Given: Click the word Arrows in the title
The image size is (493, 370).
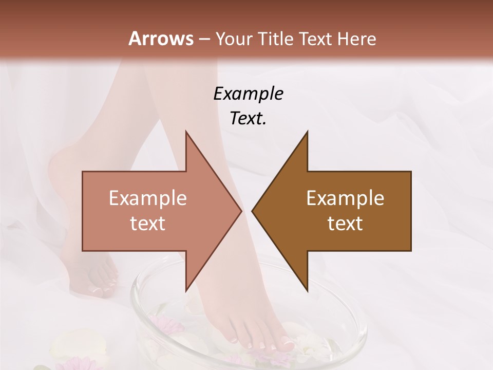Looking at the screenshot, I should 161,39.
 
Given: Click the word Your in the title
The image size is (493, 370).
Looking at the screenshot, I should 234,39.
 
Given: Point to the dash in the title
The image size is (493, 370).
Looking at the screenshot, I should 204,39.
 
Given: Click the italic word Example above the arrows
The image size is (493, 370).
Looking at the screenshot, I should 248,94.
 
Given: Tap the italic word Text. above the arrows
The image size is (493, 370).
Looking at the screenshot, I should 248,118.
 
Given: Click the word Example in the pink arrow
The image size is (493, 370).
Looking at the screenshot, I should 147,198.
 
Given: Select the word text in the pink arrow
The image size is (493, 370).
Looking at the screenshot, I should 147,224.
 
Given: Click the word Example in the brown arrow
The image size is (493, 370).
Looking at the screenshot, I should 345,198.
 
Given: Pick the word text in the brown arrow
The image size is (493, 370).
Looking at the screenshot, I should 345,224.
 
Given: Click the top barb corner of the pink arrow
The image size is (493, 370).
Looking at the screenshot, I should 186,132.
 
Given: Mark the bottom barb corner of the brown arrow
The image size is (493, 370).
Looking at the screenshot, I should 307,290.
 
